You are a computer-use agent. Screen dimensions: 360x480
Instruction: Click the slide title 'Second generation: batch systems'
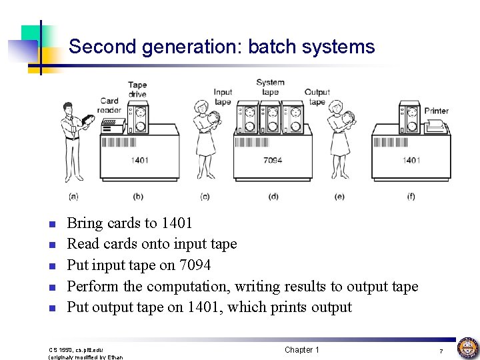pos(221,47)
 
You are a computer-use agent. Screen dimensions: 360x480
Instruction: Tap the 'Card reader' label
pos(109,105)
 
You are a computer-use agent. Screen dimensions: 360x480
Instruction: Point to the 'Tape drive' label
pos(137,89)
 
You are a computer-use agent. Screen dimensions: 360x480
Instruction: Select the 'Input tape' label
pos(223,97)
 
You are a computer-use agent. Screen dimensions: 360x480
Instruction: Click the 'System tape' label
pos(270,87)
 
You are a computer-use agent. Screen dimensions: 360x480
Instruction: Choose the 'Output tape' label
pos(317,97)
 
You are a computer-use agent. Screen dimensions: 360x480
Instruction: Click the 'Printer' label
pos(436,111)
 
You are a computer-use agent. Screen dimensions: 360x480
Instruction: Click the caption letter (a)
pos(73,196)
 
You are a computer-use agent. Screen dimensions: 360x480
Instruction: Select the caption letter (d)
pos(273,196)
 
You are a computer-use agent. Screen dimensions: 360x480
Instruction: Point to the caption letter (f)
pos(411,196)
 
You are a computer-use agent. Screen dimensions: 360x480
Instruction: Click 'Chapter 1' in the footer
pos(302,350)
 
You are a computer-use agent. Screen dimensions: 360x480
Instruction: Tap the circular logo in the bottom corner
pos(467,348)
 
